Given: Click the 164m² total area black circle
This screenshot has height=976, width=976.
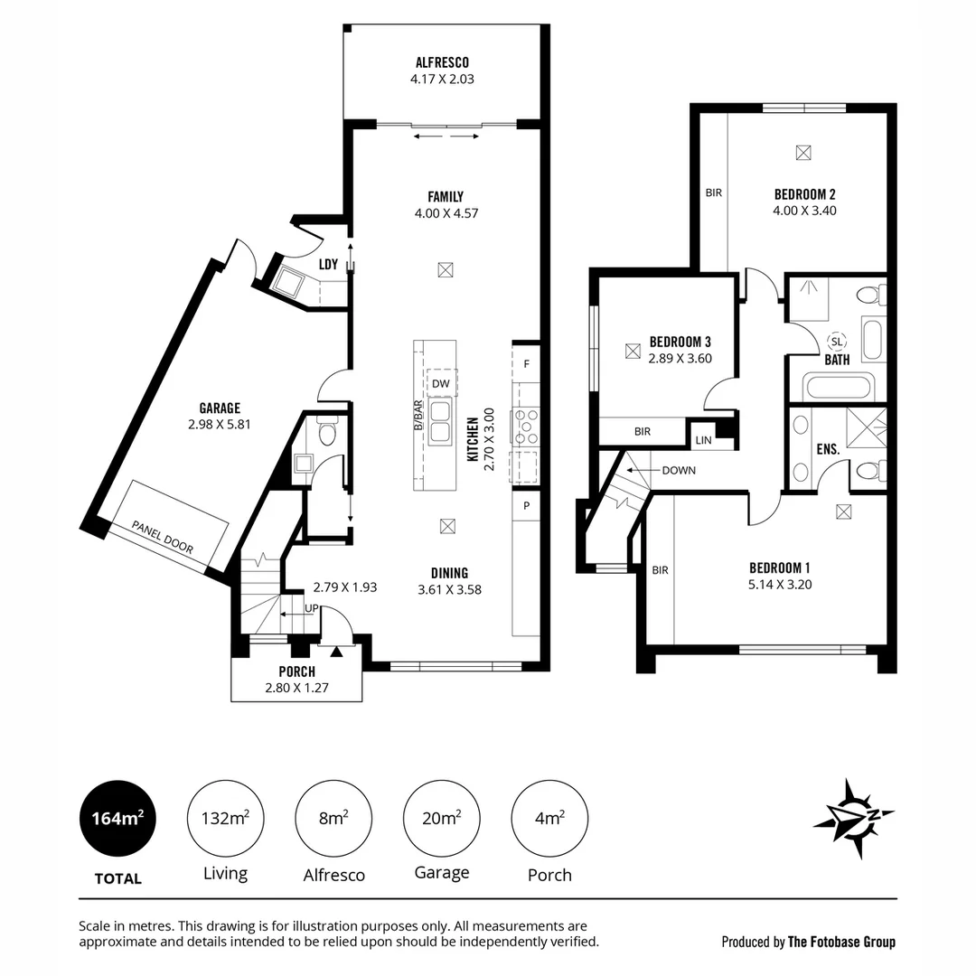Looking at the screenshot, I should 117,819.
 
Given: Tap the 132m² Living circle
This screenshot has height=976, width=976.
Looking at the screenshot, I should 225,819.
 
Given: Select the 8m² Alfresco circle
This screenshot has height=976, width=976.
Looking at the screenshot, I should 333,819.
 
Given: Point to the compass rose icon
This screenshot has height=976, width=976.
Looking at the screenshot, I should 853,817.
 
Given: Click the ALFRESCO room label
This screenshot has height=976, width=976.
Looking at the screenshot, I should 442,62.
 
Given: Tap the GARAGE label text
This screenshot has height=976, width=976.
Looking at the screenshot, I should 220,408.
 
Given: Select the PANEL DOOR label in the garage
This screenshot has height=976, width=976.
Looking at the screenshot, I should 163,537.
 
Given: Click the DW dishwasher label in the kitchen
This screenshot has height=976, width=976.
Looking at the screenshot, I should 441,384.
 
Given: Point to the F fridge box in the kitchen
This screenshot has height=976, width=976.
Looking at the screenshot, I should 526,364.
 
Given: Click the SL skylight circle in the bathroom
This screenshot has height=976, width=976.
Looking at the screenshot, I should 837,342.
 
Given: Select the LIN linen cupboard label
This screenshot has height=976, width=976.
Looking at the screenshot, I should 704,441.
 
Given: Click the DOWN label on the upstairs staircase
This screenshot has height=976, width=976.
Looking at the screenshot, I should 678,471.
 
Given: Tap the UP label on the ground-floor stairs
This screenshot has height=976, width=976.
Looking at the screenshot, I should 311,608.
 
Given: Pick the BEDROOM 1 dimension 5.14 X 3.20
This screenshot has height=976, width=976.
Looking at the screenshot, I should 780,584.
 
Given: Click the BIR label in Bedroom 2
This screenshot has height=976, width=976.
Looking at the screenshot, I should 713,192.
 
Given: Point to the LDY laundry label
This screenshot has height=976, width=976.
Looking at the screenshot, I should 328,265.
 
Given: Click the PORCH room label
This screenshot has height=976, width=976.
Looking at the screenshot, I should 296,671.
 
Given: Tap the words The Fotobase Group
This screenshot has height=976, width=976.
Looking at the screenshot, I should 841,942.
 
